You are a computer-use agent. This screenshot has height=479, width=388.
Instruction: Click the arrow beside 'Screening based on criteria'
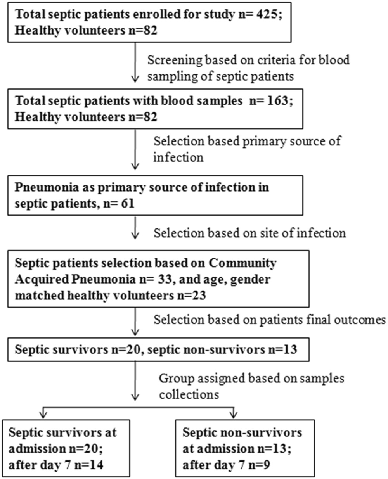[x=135, y=62]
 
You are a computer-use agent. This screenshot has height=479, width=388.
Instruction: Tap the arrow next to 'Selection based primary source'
[x=135, y=149]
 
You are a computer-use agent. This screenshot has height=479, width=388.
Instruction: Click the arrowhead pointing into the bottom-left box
[x=43, y=414]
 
